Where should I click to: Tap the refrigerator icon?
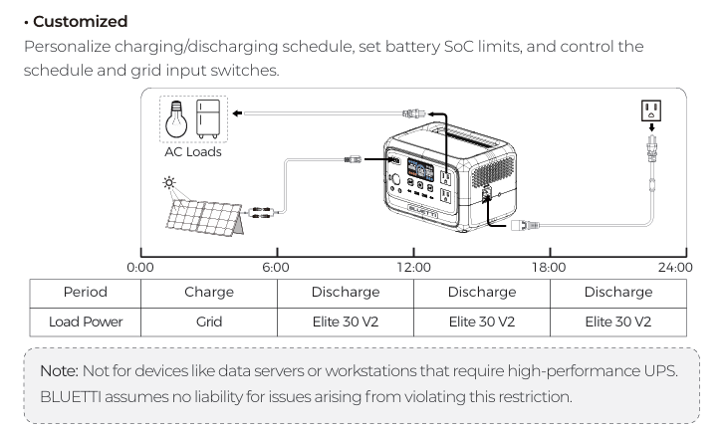pyautogui.click(x=207, y=118)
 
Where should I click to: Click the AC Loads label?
pyautogui.click(x=192, y=152)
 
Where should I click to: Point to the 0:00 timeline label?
pyautogui.click(x=140, y=267)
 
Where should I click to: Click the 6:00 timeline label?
pyautogui.click(x=276, y=267)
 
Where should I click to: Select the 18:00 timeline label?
pyautogui.click(x=549, y=267)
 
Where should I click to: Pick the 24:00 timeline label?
pyautogui.click(x=675, y=267)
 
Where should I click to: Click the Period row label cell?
pyautogui.click(x=85, y=293)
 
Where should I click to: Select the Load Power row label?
pyautogui.click(x=85, y=322)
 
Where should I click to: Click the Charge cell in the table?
pyautogui.click(x=209, y=293)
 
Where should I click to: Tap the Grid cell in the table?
pyautogui.click(x=209, y=322)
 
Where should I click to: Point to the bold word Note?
pyautogui.click(x=57, y=370)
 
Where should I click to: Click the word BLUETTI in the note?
pyautogui.click(x=73, y=396)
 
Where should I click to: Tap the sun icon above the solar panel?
pyautogui.click(x=170, y=183)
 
